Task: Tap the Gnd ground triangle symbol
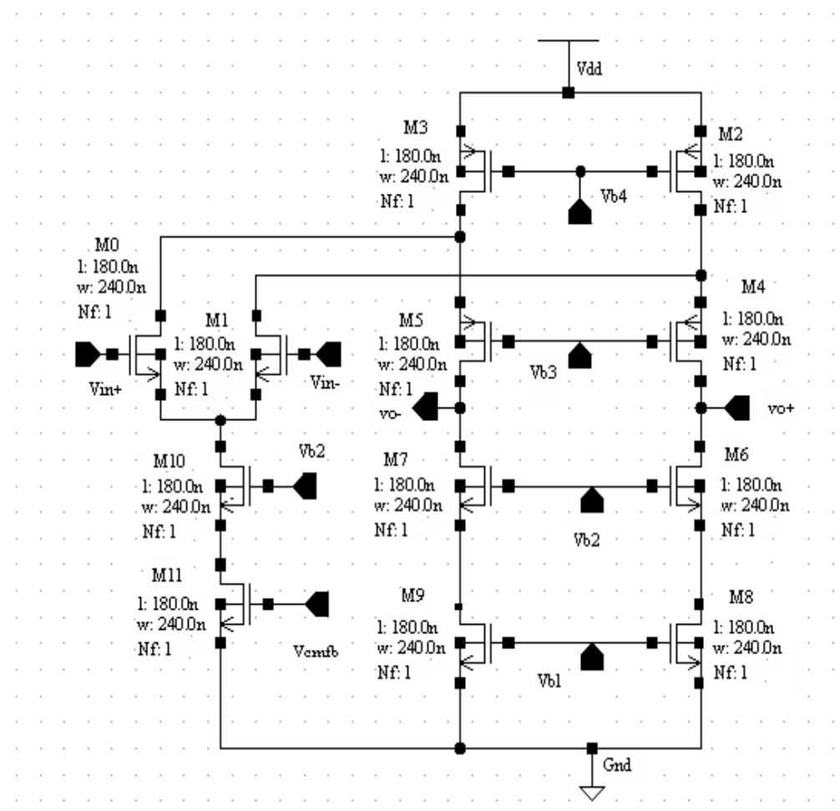click(591, 792)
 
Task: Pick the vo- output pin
click(427, 408)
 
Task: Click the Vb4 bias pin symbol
click(579, 211)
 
